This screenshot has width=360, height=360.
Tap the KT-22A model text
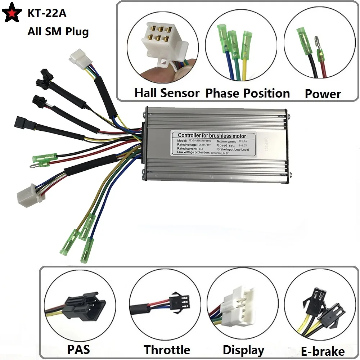click(47, 14)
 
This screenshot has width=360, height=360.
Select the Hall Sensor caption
click(167, 93)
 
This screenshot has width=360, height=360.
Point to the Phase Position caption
click(247, 93)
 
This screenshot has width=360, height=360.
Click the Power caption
click(323, 94)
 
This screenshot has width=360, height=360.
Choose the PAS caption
click(78, 349)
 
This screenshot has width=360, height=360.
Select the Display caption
click(243, 350)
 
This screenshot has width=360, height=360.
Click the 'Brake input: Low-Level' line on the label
click(236, 148)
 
